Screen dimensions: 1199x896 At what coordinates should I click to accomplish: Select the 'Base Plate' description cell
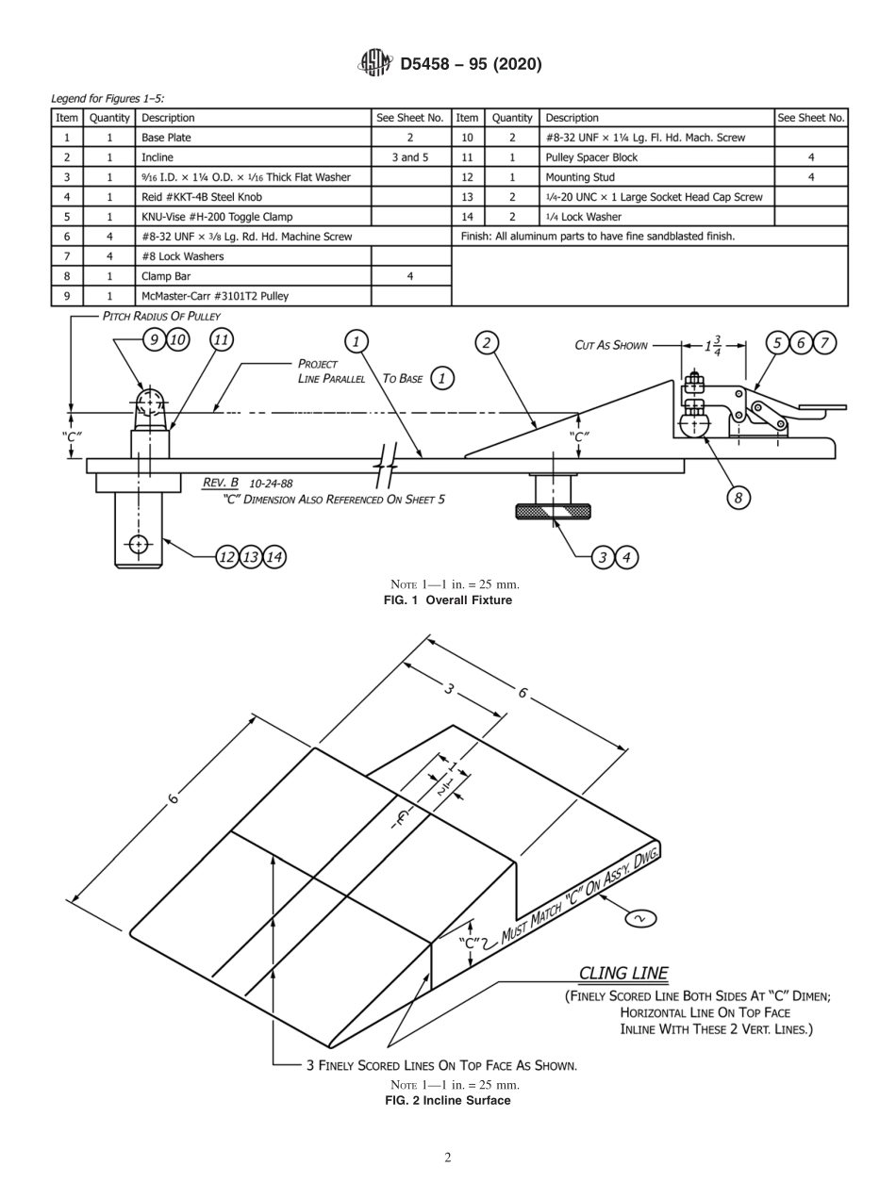pyautogui.click(x=167, y=138)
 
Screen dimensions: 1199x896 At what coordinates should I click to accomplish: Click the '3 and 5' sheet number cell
pyautogui.click(x=410, y=157)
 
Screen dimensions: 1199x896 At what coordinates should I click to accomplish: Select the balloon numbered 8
pyautogui.click(x=738, y=498)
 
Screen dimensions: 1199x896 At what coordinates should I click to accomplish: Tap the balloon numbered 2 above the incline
pyautogui.click(x=487, y=342)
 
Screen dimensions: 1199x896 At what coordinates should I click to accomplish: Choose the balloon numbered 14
pyautogui.click(x=274, y=557)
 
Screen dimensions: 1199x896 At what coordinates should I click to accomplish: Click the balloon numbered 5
pyautogui.click(x=777, y=343)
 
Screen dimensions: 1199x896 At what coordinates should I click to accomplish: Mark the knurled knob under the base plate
pyautogui.click(x=553, y=511)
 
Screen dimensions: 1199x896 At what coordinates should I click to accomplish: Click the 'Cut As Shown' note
pyautogui.click(x=611, y=345)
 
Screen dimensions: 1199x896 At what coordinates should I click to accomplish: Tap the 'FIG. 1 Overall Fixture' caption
pyautogui.click(x=448, y=600)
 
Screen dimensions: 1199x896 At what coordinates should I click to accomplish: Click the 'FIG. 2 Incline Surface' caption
pyautogui.click(x=448, y=1100)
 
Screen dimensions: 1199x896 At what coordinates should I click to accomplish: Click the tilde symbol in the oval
pyautogui.click(x=640, y=917)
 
